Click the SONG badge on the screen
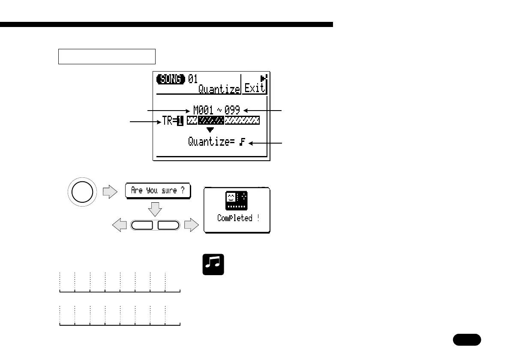(171, 79)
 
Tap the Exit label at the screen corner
(255, 88)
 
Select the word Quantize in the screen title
(219, 89)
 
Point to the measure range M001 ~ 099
(216, 111)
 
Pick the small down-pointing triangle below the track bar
(210, 130)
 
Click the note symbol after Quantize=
(243, 142)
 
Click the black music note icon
(213, 264)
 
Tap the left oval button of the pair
(144, 225)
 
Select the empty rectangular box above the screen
(106, 56)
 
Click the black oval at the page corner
(467, 340)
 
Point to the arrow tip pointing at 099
(244, 111)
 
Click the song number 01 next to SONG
(193, 79)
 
